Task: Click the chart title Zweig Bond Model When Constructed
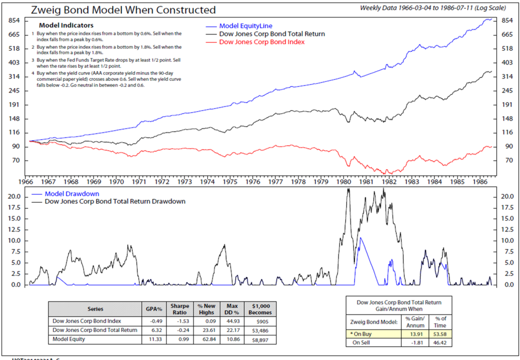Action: click(123, 10)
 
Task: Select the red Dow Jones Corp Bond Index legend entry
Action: click(262, 42)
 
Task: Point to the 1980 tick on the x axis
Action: click(345, 181)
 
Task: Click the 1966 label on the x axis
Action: click(26, 181)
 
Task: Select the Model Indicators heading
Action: click(67, 25)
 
